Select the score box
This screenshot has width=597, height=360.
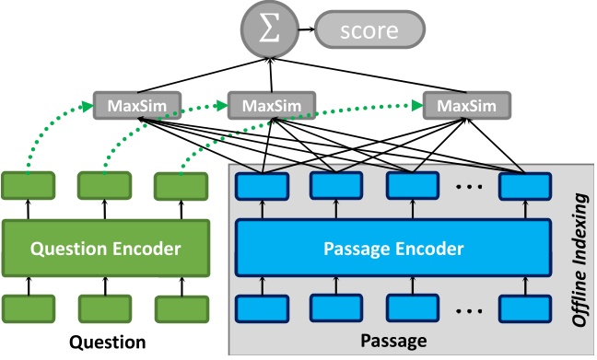point(367,31)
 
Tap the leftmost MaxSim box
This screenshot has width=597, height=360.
point(136,104)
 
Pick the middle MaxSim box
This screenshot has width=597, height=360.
point(268,104)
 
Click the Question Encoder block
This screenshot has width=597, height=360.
point(104,249)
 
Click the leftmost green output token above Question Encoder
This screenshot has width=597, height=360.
point(28,186)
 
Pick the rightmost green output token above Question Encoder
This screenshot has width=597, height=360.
point(180,186)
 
